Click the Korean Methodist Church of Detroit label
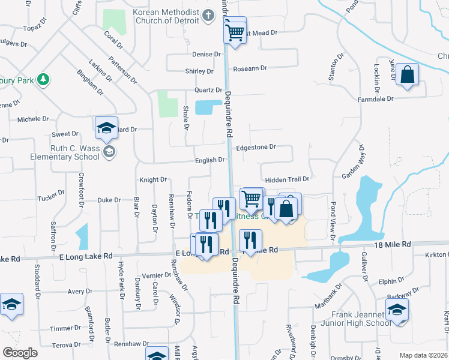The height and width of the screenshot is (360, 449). [166, 17]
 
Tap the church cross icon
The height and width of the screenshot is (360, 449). [208, 16]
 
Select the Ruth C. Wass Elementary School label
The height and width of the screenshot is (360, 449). [65, 152]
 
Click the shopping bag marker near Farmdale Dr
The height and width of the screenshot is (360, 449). [407, 76]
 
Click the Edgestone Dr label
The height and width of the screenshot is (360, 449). [256, 147]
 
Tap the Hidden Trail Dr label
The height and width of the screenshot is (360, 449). [287, 179]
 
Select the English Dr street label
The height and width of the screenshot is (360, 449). [209, 160]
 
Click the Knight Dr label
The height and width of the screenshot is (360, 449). [152, 179]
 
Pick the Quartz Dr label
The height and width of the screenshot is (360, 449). [199, 90]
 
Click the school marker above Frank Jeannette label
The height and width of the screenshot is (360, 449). [396, 311]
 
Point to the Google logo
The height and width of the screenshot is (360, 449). [20, 353]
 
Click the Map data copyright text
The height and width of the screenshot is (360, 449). [423, 355]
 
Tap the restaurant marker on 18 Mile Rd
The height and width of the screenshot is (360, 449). [250, 240]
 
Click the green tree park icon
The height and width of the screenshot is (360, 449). [43, 79]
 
